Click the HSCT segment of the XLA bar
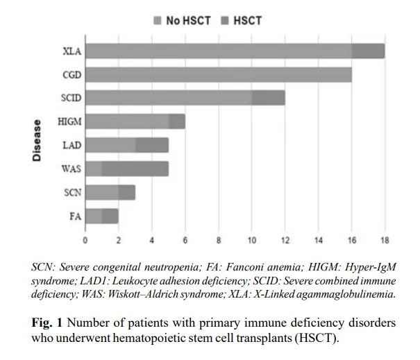click(369, 51)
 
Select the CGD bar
click(219, 75)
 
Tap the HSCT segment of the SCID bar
click(269, 98)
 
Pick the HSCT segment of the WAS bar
click(135, 169)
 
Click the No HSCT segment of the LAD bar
click(110, 145)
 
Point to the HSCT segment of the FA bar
click(110, 216)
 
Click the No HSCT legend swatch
click(157, 21)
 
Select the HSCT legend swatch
click(225, 21)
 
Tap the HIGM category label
click(69, 122)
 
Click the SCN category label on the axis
click(73, 192)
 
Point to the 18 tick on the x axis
click(385, 241)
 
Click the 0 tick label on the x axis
click(85, 241)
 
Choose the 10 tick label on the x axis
click(252, 241)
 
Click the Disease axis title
click(37, 140)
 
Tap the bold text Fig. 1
click(47, 323)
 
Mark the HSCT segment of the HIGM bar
click(177, 121)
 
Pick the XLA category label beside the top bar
click(72, 51)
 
